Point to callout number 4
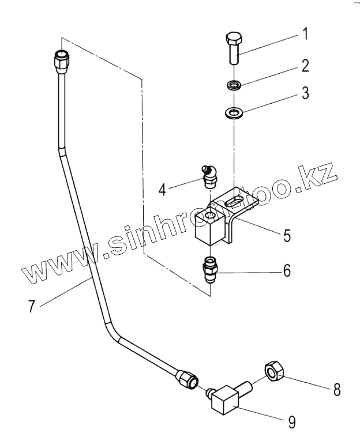click(x=163, y=188)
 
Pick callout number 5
click(x=286, y=235)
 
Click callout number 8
click(x=336, y=389)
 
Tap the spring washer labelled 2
click(x=234, y=86)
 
